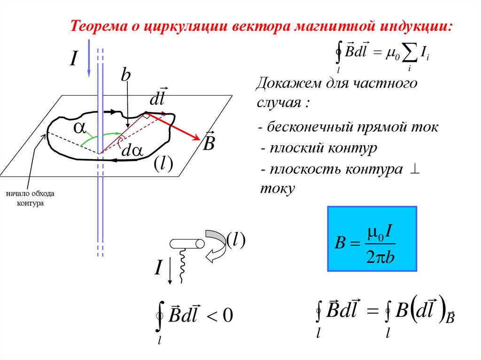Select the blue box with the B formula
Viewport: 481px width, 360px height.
click(x=372, y=239)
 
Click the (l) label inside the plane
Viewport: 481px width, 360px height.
click(x=163, y=164)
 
